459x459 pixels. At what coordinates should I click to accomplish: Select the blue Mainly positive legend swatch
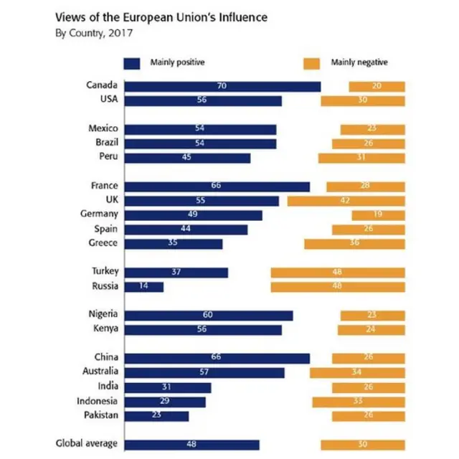point(132,62)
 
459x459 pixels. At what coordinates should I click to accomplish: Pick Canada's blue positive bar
point(223,86)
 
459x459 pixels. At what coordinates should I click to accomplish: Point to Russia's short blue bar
point(144,287)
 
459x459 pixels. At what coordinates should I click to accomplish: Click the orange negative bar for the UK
point(346,201)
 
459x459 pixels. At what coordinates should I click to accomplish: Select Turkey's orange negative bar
point(337,273)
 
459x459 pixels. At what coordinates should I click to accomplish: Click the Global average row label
point(87,444)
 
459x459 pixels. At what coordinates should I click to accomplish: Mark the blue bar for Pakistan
point(157,415)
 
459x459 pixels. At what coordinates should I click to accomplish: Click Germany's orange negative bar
point(378,215)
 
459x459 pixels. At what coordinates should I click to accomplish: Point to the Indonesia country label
point(97,401)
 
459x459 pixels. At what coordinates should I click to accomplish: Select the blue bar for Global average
point(192,444)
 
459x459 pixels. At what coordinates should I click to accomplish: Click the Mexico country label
point(103,129)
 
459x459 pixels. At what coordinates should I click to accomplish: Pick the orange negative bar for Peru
point(361,158)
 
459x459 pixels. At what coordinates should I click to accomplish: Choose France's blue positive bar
point(217,186)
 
